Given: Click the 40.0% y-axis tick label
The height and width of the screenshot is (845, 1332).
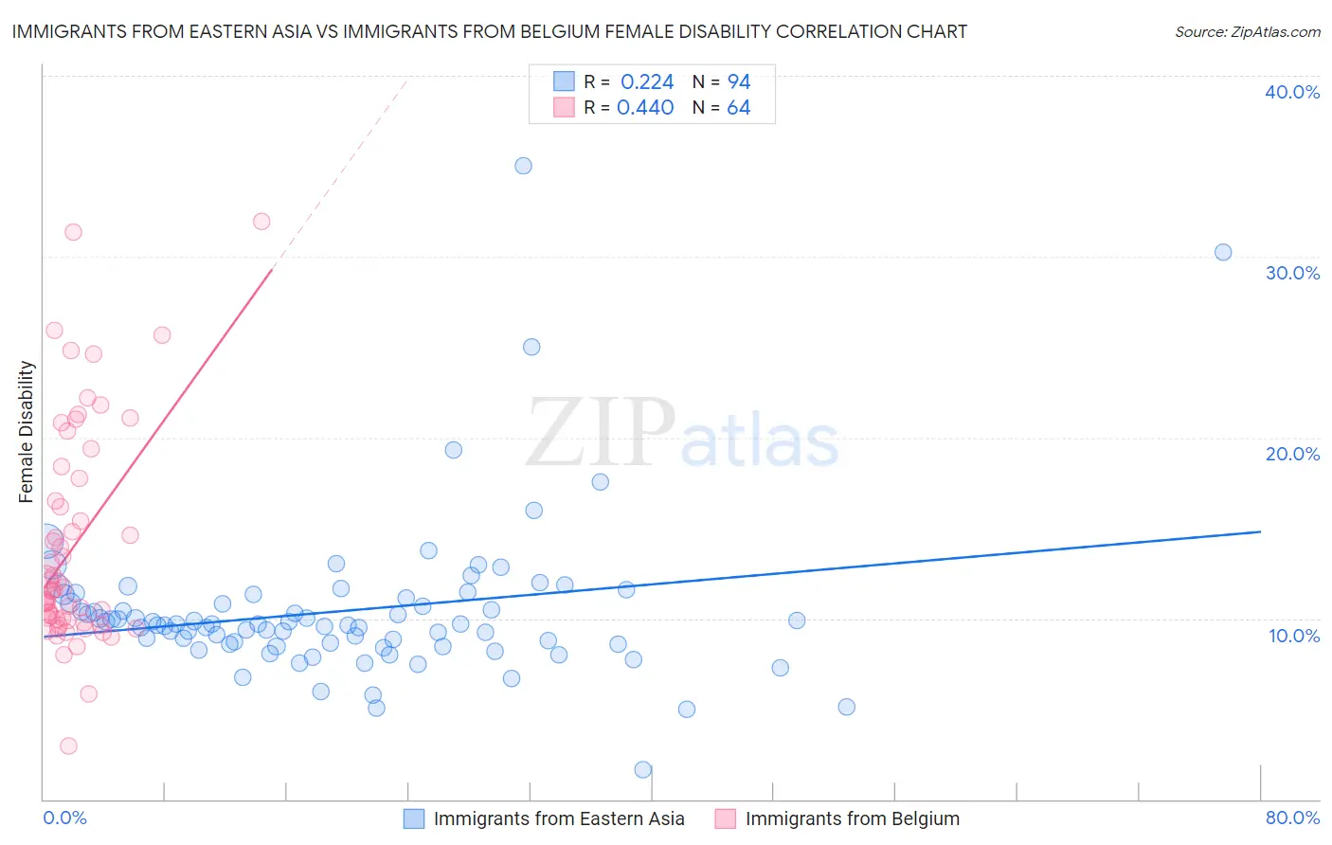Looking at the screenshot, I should [1292, 92].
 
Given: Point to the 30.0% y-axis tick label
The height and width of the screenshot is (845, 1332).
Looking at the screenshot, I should [1292, 273].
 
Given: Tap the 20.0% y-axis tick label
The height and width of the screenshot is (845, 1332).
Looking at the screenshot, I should [1292, 454].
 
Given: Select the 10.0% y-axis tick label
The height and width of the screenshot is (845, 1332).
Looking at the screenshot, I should [1294, 636].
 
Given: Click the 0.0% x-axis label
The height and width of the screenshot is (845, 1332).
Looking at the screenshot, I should [64, 818].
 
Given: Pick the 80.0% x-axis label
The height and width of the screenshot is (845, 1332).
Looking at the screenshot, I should [1292, 818].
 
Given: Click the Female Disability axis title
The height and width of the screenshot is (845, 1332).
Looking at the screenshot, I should [27, 431].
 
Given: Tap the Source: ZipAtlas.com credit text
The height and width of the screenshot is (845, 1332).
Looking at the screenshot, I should [1247, 31].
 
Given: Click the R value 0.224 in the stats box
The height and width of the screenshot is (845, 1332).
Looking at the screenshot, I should [647, 82].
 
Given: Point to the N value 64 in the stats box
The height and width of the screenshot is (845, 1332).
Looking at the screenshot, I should [738, 108].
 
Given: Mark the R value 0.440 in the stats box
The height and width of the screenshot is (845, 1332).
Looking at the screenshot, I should [645, 108].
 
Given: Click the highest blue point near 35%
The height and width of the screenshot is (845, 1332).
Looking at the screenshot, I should [523, 166].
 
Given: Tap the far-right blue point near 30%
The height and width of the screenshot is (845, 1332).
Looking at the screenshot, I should [1223, 252].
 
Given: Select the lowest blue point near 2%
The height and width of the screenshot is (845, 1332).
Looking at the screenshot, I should [643, 769].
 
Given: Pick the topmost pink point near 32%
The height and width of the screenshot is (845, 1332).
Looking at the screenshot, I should [261, 222].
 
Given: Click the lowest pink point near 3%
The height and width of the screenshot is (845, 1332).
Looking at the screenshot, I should [68, 746].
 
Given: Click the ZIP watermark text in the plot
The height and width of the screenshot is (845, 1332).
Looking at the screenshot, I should [600, 434].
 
